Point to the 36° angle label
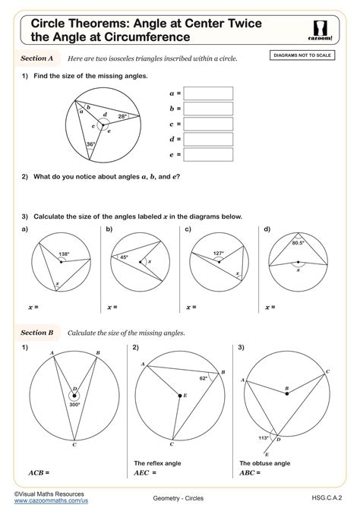91,144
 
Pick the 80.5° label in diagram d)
297,243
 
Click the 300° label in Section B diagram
74,405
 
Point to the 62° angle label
203,377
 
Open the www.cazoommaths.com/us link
48,501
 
